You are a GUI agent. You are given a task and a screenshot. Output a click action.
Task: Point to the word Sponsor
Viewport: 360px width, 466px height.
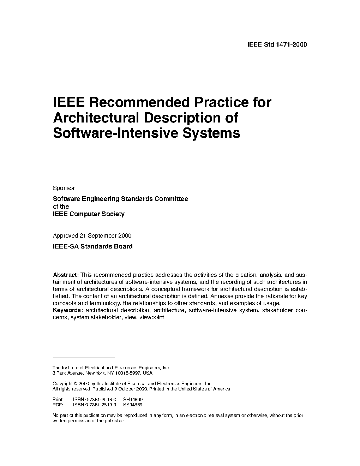pos(64,188)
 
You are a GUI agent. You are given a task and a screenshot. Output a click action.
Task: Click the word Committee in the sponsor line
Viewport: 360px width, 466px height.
pos(171,199)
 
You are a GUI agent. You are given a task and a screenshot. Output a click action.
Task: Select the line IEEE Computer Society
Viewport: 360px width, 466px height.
pos(89,214)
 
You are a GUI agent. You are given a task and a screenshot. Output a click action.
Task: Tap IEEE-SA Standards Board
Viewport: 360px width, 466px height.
pos(92,246)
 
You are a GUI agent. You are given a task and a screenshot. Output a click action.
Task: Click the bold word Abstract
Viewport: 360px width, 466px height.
pos(66,275)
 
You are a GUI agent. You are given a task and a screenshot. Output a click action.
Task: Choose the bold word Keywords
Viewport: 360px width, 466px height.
pos(68,310)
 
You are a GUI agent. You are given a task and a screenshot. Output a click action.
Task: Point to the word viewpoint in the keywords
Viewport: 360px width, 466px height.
pos(152,317)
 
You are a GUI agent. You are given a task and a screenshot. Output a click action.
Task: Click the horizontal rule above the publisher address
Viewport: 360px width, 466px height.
pos(84,358)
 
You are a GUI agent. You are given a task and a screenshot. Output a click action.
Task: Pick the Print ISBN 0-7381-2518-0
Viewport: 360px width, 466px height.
pos(95,400)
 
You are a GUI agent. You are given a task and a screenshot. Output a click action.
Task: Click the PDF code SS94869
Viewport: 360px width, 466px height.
pos(133,405)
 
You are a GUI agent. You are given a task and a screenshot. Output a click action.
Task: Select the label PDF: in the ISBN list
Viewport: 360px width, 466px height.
pos(58,405)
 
